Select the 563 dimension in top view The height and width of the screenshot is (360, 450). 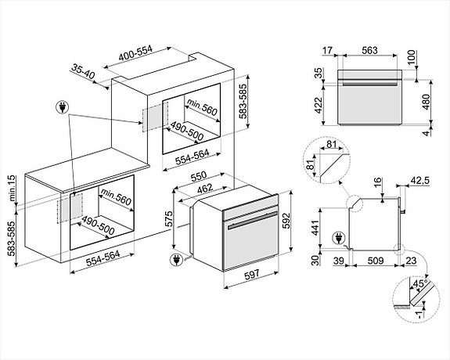[370, 50]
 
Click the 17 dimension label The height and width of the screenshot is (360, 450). [329, 50]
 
